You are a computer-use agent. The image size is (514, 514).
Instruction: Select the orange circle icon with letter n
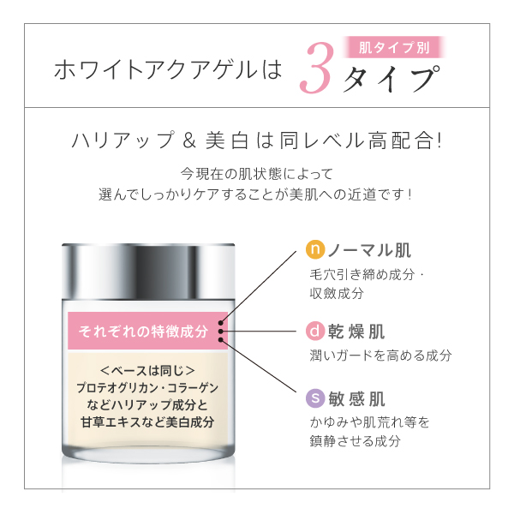point(314,251)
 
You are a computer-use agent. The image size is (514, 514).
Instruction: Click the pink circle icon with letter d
point(314,331)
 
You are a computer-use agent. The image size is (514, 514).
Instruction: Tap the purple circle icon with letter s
point(314,399)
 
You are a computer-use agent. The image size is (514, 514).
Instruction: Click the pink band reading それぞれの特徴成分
point(143,331)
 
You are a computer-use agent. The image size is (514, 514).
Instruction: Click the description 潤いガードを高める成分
point(380,355)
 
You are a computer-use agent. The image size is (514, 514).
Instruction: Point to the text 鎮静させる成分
point(355,441)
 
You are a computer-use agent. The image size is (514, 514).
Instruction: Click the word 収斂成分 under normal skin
point(337,293)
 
